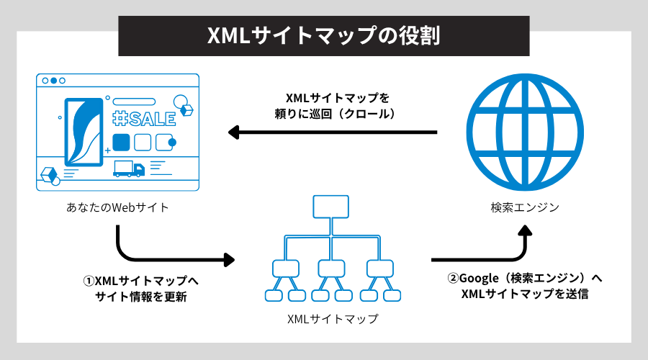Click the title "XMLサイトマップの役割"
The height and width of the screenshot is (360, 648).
(323, 36)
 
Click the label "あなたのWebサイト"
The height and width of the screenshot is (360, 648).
(117, 208)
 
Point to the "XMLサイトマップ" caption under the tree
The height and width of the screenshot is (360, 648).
(332, 318)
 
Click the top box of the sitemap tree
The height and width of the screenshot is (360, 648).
(331, 207)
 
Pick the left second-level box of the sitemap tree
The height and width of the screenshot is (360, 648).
(285, 268)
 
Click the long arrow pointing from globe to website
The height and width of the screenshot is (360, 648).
(332, 132)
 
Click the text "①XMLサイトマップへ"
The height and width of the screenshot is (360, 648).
(140, 282)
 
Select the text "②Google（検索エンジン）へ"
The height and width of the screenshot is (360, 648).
(525, 279)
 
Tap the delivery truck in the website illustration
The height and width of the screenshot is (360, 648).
(129, 168)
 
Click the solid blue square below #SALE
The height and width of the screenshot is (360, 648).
(121, 141)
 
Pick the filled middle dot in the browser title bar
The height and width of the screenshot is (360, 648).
(53, 80)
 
